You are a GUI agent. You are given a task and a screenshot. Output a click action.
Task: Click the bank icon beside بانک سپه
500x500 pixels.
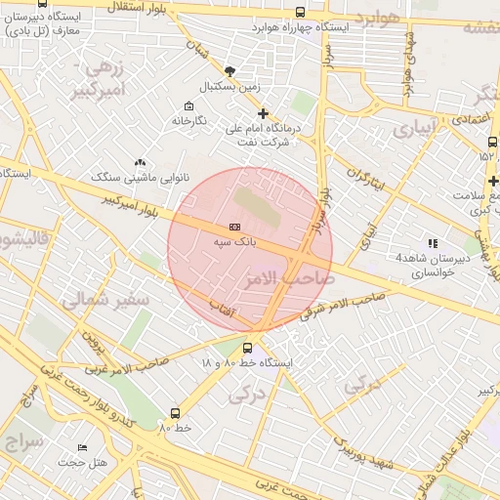coord(233,226)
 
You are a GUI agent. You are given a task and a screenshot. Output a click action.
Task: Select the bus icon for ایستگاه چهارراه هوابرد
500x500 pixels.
coord(299,13)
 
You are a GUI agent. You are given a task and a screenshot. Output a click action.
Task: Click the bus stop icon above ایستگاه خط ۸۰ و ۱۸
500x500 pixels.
coord(247,347)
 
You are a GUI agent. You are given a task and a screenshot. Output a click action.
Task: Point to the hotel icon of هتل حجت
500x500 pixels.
coord(82,447)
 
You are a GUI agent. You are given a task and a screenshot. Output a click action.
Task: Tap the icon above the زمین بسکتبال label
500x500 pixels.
coord(229,71)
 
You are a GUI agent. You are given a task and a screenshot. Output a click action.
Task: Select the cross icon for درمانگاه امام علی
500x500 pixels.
coord(262,113)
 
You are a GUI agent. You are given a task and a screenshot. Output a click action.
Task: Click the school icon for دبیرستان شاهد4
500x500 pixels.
coord(433,243)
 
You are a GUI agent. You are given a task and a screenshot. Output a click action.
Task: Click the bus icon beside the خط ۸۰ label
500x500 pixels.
coord(176,413)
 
